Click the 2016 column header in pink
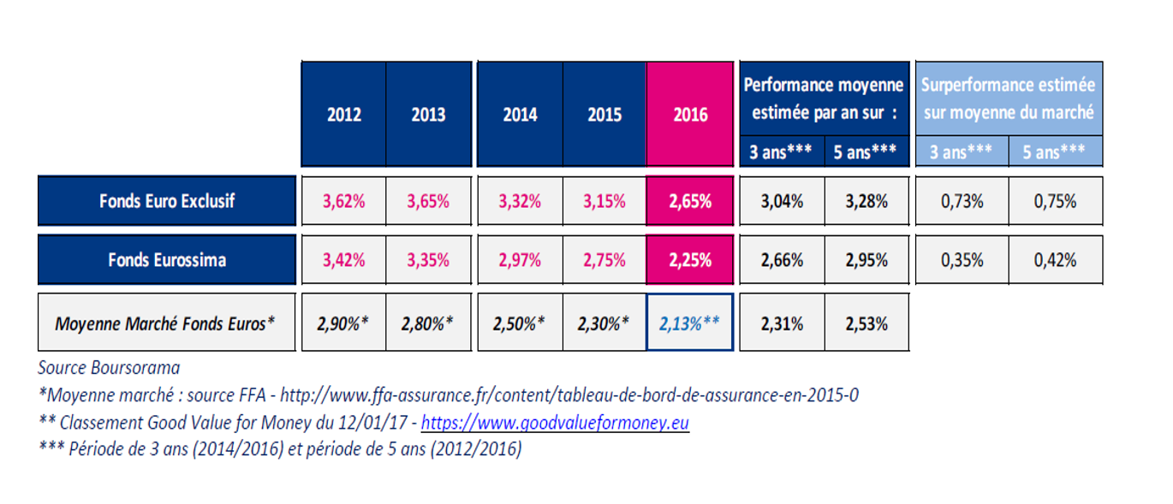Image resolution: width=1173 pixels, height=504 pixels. pos(689,114)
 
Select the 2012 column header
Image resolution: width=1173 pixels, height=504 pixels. pos(343,114)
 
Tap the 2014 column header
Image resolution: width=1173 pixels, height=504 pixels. pos(519,114)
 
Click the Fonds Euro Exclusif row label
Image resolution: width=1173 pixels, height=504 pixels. pos(167,201)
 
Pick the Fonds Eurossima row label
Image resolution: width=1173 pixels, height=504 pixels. pos(167,259)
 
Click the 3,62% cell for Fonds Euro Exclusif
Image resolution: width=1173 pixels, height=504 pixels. pos(343,201)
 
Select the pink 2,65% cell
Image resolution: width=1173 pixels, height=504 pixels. pos(689,201)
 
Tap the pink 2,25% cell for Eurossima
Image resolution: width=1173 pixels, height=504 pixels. pos(689,259)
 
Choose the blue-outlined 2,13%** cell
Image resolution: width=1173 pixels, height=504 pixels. pos(689,323)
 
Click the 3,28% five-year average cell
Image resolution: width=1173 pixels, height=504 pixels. pos(866,201)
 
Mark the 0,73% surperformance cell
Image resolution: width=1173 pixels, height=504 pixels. pos(962,201)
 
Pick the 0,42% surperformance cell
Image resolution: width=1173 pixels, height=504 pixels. pos(1055,259)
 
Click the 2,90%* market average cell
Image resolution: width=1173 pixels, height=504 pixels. pos(343,323)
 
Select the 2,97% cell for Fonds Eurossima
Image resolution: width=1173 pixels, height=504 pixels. pos(519,259)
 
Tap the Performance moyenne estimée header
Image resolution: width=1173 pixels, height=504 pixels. pos(824,98)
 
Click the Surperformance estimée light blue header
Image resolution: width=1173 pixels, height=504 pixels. pos(1009,98)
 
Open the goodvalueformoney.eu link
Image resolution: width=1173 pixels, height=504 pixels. pos(555,423)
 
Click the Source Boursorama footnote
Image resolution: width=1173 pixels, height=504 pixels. pos(109,368)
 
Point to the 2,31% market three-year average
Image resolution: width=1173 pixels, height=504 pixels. pos(782,323)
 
